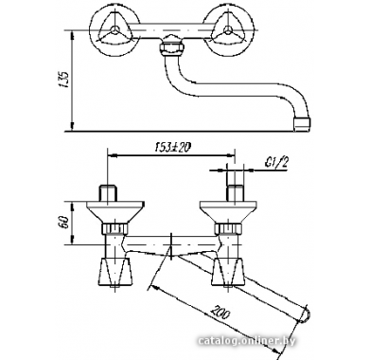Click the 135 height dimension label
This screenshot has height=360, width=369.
coord(63,80)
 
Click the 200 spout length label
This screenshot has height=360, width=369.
coord(221,313)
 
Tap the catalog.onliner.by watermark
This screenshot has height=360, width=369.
coord(247,341)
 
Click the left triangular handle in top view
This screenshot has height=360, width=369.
coord(114,31)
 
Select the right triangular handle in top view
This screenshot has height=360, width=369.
coord(227,31)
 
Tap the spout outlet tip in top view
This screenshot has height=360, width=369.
coord(302,123)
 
